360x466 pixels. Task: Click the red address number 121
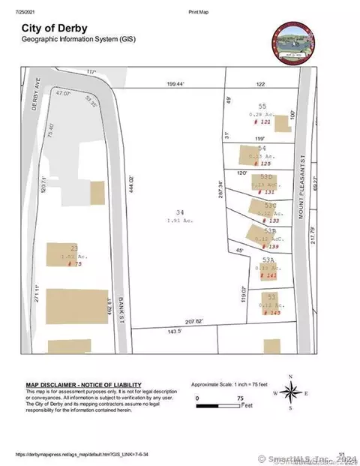(262, 121)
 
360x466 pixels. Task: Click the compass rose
(292, 392)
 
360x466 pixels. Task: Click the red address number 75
(73, 264)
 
